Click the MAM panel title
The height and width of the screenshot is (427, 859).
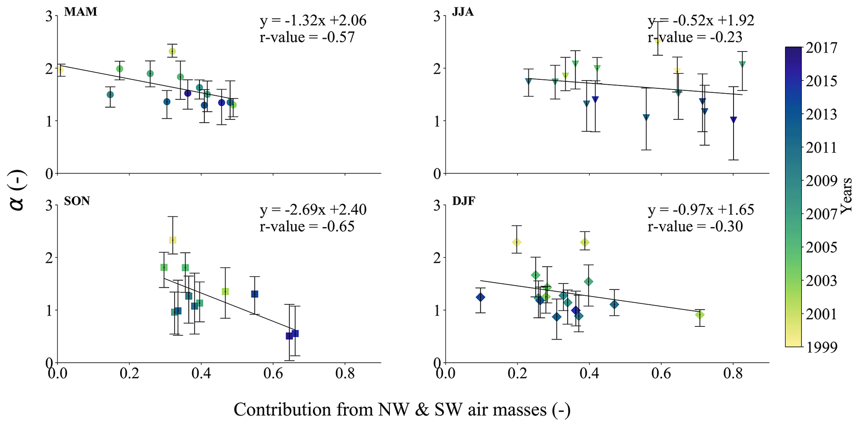[x=81, y=12]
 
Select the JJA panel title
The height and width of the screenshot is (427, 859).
[x=463, y=12]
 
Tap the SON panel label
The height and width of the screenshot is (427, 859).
[x=77, y=201]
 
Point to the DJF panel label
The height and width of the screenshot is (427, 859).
[x=464, y=201]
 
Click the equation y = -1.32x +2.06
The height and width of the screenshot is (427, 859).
[x=313, y=21]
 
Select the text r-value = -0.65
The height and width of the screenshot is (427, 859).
[x=307, y=227]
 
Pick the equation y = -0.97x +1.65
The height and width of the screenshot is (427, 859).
[x=701, y=210]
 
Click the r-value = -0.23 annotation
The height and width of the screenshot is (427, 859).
[x=695, y=37]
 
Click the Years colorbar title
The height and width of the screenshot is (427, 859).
[x=847, y=196]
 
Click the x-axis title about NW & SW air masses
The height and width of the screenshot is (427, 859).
[x=402, y=410]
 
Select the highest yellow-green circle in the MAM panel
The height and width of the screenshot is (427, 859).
[x=172, y=52]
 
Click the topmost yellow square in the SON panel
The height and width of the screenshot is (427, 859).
[x=173, y=240]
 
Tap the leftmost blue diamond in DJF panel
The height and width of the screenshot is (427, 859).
[x=480, y=297]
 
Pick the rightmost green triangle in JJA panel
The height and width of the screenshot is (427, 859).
[x=742, y=64]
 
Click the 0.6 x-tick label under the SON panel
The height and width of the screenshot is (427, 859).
[x=273, y=374]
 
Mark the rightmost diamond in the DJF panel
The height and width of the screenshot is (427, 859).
[x=700, y=315]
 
